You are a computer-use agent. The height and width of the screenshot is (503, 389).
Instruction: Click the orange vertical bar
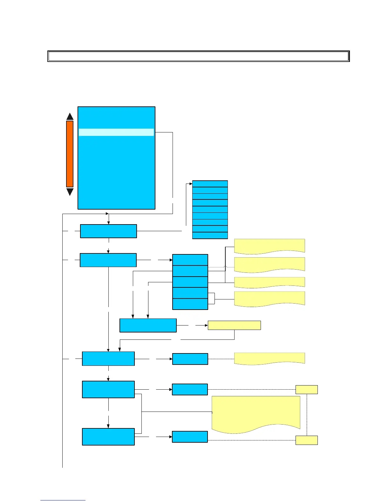[70, 154]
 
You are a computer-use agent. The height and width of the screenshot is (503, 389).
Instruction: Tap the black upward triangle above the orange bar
[70, 117]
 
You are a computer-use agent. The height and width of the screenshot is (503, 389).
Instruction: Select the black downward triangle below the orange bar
[70, 191]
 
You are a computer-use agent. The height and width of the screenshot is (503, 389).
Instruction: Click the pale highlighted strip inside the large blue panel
[116, 132]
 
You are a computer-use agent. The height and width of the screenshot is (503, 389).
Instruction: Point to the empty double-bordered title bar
[198, 56]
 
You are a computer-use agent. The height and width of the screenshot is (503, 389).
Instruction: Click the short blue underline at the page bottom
[63, 500]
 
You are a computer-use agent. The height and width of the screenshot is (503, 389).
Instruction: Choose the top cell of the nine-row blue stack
[210, 184]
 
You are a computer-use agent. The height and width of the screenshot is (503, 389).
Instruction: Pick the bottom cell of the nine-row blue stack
[210, 235]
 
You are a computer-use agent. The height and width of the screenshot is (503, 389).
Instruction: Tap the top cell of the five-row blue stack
[190, 260]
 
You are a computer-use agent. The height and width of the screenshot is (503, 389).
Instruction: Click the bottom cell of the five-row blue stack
[190, 304]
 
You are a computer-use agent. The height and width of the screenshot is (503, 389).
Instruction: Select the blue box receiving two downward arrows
[148, 325]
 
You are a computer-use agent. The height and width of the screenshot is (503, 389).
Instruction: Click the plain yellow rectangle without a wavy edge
[234, 325]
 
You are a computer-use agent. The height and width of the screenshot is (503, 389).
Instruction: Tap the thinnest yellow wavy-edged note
[270, 282]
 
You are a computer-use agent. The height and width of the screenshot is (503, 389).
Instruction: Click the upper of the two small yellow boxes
[306, 389]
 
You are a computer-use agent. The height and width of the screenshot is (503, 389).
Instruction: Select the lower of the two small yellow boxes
[306, 440]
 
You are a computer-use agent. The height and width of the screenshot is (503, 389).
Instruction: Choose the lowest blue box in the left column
[108, 437]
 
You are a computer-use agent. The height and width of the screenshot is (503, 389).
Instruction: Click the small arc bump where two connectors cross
[225, 266]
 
